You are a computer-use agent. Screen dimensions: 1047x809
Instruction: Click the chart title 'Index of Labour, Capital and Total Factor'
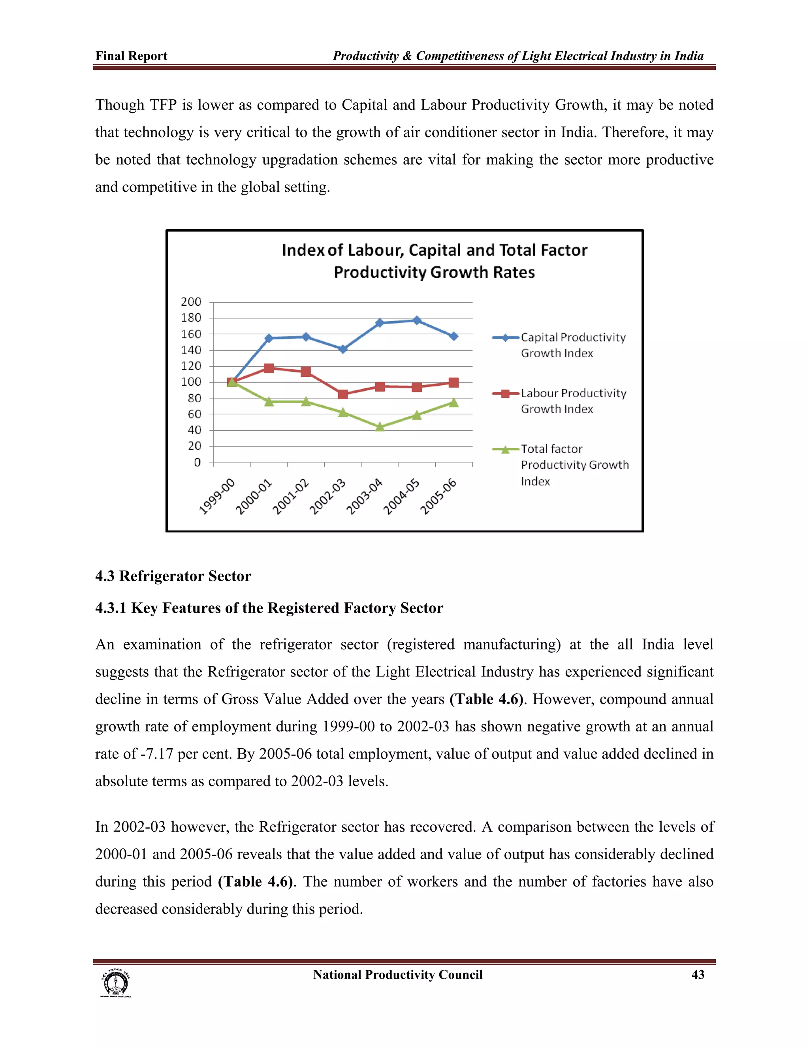[x=434, y=250]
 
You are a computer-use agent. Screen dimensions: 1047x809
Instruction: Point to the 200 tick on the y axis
[x=191, y=301]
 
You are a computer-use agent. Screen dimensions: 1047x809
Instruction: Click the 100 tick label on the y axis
[x=191, y=382]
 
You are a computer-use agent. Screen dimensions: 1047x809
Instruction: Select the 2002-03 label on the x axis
[x=327, y=497]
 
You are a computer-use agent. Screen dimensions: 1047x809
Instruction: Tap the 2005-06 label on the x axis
[x=438, y=497]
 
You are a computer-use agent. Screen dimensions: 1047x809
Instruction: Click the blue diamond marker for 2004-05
[x=416, y=320]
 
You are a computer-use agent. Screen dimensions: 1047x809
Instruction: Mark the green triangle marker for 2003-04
[x=380, y=427]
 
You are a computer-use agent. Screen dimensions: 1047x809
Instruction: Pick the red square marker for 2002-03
[x=342, y=394]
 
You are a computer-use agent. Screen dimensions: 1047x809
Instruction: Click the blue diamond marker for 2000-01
[x=269, y=339]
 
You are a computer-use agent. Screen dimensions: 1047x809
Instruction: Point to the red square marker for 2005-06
[x=453, y=382]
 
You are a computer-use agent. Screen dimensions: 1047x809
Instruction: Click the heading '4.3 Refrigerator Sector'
[x=173, y=576]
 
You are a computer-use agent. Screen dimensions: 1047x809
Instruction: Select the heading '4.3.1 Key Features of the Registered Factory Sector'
[x=269, y=608]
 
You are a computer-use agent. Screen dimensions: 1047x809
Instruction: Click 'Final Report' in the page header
[x=131, y=56]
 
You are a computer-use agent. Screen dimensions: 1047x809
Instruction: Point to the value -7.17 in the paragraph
[x=156, y=753]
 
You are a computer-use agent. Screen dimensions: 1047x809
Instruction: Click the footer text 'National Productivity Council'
[x=397, y=975]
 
